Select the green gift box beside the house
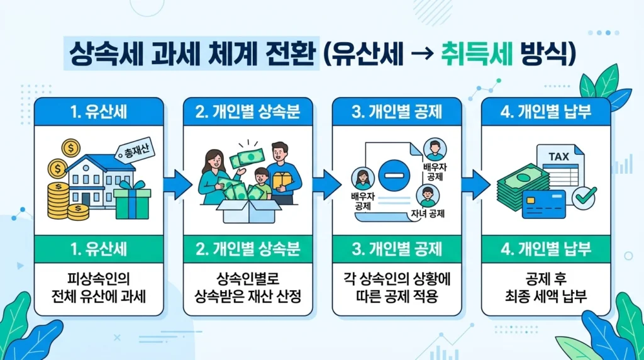pyautogui.click(x=133, y=200)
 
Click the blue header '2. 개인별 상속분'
pyautogui.click(x=248, y=113)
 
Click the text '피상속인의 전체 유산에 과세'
pyautogui.click(x=99, y=286)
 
